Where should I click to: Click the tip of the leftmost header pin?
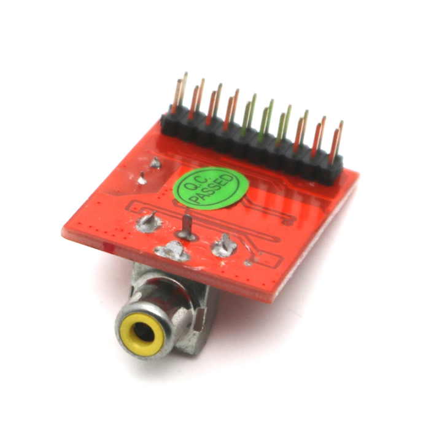click(x=184, y=76)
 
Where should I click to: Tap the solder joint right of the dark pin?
click(x=223, y=244)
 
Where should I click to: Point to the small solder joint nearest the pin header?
click(x=155, y=163)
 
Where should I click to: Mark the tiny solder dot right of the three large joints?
click(x=248, y=263)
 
